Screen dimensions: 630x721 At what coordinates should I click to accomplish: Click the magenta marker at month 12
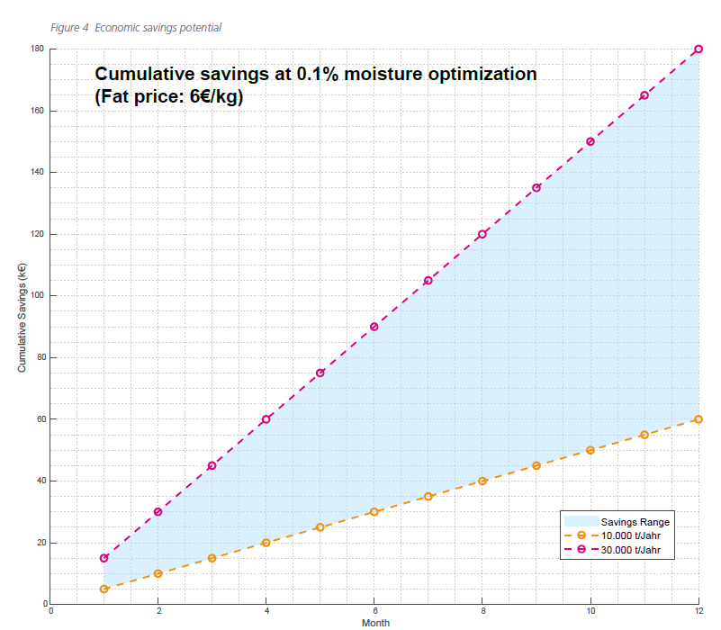coord(698,49)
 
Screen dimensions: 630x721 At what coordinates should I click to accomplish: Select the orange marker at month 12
coord(698,419)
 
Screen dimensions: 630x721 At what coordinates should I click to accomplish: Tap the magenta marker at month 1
coord(104,558)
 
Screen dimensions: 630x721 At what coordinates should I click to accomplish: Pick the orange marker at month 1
coord(104,589)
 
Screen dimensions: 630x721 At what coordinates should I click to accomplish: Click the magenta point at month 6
coord(374,327)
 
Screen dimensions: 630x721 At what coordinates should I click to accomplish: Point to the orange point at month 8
coord(482,481)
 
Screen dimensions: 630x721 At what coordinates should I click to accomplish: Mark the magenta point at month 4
coord(266,419)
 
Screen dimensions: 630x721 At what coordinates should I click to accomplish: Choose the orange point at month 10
coord(590,450)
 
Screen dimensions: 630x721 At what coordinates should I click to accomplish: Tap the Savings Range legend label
coord(635,521)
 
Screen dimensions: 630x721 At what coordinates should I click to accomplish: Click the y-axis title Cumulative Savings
coord(22,317)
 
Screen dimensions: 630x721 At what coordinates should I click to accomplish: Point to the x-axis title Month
coord(375,623)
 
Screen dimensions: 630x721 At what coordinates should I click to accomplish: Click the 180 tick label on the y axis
coord(37,49)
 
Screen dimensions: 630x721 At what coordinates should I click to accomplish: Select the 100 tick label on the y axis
coord(37,296)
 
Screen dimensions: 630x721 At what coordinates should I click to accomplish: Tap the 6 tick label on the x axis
coord(374,610)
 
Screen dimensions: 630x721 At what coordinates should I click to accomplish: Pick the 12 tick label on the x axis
coord(698,610)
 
